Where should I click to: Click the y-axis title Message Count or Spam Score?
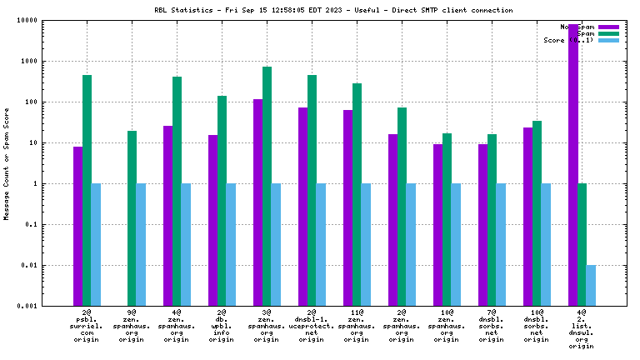click(7, 163)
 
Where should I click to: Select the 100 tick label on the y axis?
click(52, 102)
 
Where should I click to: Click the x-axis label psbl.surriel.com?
click(87, 328)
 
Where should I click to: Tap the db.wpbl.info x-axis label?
click(222, 328)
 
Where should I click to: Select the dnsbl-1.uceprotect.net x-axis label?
click(312, 328)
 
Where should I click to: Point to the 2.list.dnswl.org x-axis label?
click(581, 332)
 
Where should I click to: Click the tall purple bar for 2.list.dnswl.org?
click(572, 167)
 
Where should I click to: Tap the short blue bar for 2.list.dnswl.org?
click(591, 285)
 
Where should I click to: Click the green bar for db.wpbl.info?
click(222, 201)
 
